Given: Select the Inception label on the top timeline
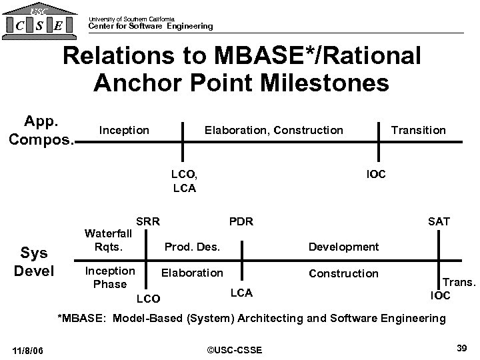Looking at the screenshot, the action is click(x=124, y=130).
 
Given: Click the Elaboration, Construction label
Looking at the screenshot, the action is click(x=273, y=130).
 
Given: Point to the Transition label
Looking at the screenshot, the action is click(x=418, y=130).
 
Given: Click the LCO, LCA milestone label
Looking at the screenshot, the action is click(x=184, y=181).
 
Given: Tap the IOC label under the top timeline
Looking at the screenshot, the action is click(x=376, y=175).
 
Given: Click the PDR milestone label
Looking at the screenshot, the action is click(x=241, y=221).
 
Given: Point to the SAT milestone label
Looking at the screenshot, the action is click(x=439, y=221).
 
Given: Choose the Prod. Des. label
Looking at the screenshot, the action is click(x=192, y=247).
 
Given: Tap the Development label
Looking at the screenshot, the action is click(x=343, y=247).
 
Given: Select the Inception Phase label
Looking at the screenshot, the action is click(x=110, y=278).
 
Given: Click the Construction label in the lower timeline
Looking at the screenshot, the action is click(x=343, y=273).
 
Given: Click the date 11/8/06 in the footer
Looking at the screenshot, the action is click(x=34, y=349).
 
